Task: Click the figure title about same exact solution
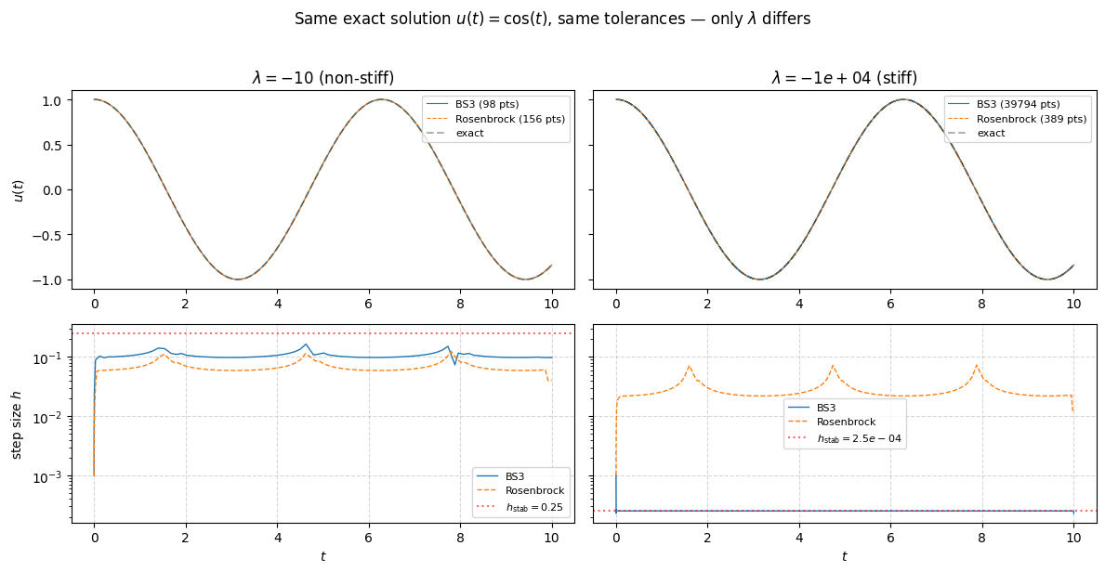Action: click(552, 19)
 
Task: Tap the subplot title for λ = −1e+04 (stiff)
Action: click(844, 78)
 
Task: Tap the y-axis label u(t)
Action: click(19, 189)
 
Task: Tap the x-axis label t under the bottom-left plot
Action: click(322, 556)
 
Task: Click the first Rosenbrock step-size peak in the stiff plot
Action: click(689, 366)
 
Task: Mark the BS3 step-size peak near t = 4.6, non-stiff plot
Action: click(306, 344)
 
